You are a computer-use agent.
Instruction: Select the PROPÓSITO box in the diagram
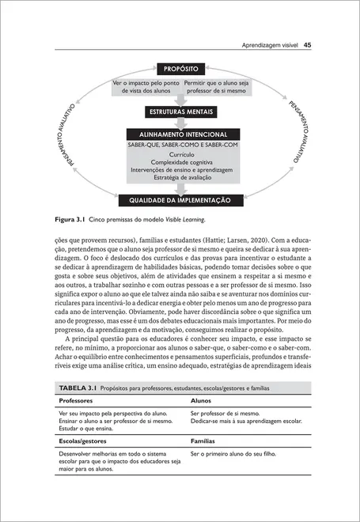[180, 69]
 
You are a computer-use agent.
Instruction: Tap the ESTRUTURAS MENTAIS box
[180, 112]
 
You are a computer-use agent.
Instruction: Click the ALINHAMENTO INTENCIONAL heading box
[180, 134]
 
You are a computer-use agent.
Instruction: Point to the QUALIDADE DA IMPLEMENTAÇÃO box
[180, 200]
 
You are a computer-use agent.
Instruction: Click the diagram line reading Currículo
[180, 154]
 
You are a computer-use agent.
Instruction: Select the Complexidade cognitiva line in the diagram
[180, 162]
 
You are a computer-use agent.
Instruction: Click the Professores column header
[76, 401]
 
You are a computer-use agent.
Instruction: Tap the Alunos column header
[201, 401]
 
